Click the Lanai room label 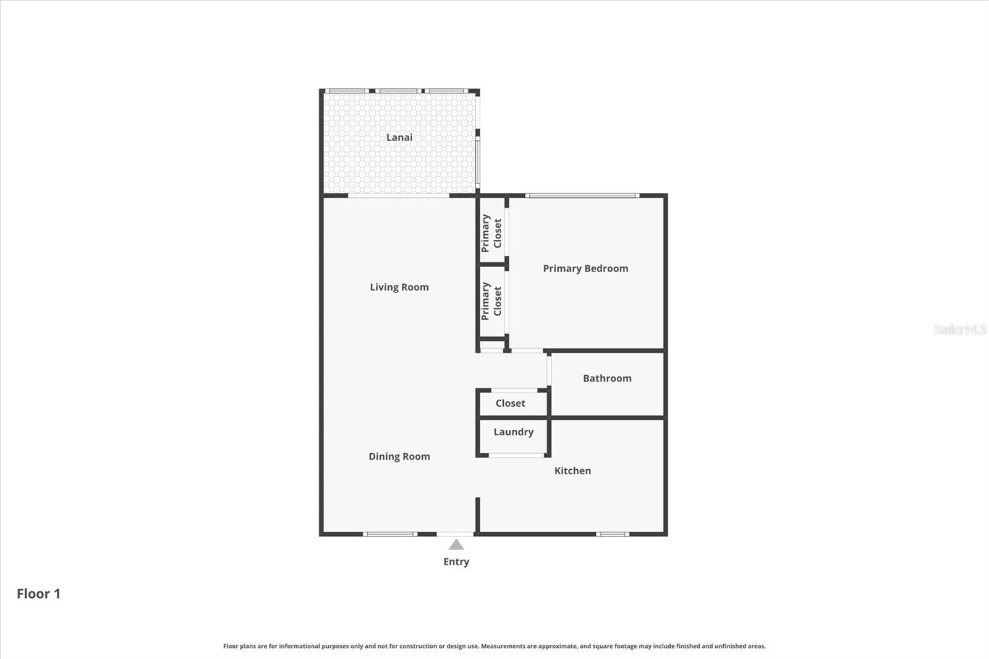click(399, 137)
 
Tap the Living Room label click(399, 287)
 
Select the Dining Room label click(399, 456)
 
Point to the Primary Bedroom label click(585, 268)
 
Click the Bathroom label click(607, 378)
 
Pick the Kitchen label click(572, 470)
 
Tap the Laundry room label click(513, 432)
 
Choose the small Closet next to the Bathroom click(511, 403)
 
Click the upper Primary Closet click(491, 233)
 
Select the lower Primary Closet click(491, 301)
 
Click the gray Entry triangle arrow click(456, 545)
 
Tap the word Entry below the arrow click(456, 561)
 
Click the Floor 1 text click(38, 593)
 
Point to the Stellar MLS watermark click(959, 329)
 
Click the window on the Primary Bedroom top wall click(582, 196)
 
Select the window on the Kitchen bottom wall click(613, 534)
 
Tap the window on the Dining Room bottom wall click(389, 534)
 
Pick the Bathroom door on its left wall click(549, 369)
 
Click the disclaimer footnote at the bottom click(494, 646)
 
